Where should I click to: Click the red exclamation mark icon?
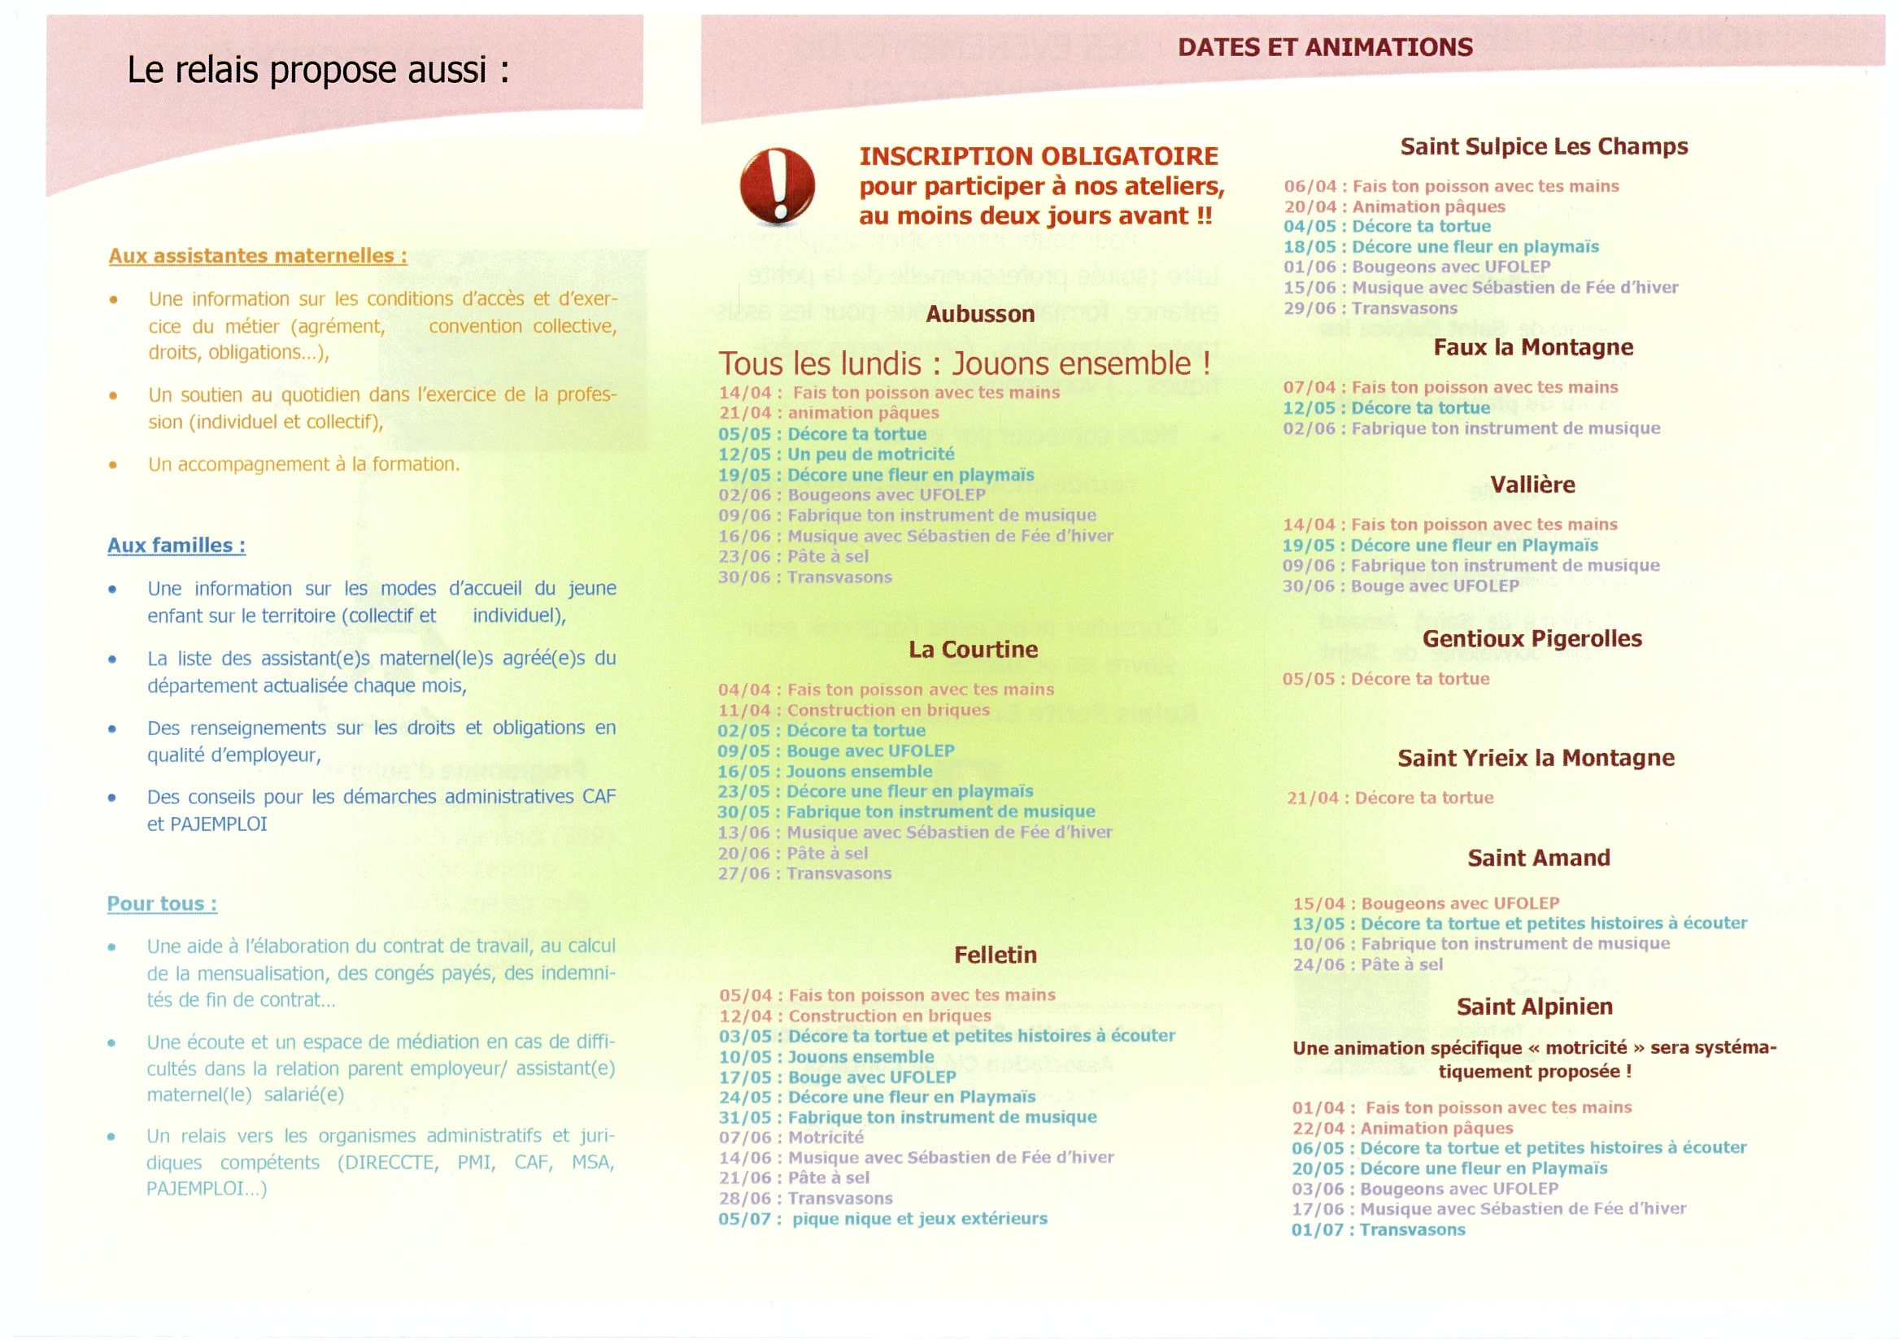click(776, 186)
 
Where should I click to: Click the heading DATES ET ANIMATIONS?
click(1325, 47)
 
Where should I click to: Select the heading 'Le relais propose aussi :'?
click(318, 70)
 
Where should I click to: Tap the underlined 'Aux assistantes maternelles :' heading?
click(257, 255)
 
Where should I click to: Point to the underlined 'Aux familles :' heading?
click(176, 545)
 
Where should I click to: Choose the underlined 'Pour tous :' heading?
click(162, 903)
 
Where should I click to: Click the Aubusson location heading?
click(980, 315)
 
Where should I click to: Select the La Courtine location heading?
click(972, 650)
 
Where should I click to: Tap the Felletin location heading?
click(995, 955)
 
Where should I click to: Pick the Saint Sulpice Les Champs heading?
click(1543, 146)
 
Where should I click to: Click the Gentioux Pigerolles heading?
click(1532, 638)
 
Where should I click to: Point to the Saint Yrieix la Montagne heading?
click(1536, 758)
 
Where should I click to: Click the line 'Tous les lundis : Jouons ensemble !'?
click(964, 364)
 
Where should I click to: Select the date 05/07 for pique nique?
click(744, 1219)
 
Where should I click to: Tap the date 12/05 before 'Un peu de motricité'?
click(744, 454)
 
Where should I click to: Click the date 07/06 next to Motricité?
click(745, 1138)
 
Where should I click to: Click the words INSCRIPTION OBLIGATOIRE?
click(1038, 156)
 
